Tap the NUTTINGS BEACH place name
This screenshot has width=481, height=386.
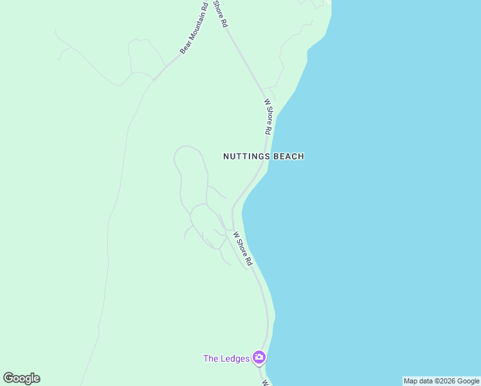pyautogui.click(x=263, y=156)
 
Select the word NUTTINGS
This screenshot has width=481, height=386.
pyautogui.click(x=247, y=156)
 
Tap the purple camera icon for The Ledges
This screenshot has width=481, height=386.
pyautogui.click(x=259, y=357)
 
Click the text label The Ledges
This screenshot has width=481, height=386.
pyautogui.click(x=226, y=358)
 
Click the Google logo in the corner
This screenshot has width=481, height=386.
pyautogui.click(x=22, y=378)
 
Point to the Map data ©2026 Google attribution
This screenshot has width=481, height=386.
pyautogui.click(x=441, y=381)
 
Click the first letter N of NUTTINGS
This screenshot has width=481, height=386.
pyautogui.click(x=226, y=156)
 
